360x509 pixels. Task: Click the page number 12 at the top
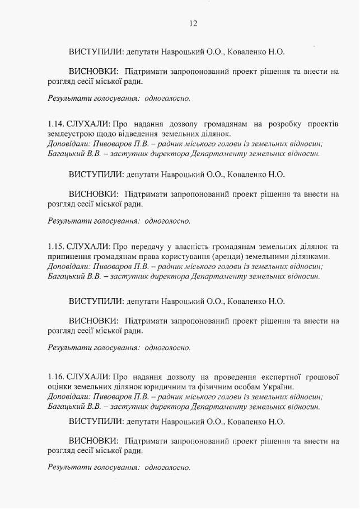pyautogui.click(x=193, y=23)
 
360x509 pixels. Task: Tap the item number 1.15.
pyautogui.click(x=56, y=247)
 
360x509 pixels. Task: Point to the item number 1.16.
pyautogui.click(x=56, y=376)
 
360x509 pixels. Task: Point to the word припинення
pyautogui.click(x=68, y=257)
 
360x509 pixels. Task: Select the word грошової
pyautogui.click(x=321, y=376)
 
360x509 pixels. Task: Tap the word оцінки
pyautogui.click(x=60, y=387)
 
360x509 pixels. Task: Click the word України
pyautogui.click(x=278, y=387)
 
